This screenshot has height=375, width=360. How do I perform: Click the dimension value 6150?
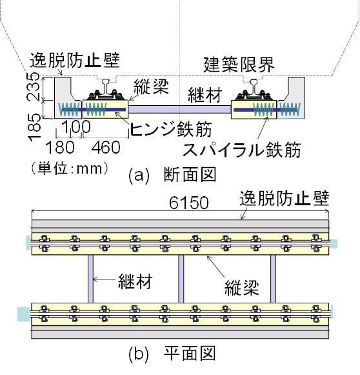189,203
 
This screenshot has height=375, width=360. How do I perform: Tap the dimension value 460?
106,147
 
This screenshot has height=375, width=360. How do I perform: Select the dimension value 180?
60,147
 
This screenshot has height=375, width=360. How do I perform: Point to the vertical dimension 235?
34,86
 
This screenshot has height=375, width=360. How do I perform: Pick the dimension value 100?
76,127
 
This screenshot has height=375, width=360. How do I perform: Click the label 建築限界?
239,65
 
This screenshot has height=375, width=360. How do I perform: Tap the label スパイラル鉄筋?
241,150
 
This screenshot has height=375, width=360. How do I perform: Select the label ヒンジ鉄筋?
171,129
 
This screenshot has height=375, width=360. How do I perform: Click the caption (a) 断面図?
172,174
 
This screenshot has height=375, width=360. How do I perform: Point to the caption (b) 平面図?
172,354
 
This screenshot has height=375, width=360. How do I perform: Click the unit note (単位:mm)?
70,168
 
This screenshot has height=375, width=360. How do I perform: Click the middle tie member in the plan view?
181,279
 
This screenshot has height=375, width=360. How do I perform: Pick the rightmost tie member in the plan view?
273,279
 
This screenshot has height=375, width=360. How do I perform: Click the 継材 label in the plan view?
135,281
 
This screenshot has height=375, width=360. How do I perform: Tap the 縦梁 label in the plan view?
242,288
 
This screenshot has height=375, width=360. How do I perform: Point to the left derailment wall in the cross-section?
64,97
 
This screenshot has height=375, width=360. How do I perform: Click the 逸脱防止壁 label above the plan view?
285,198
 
